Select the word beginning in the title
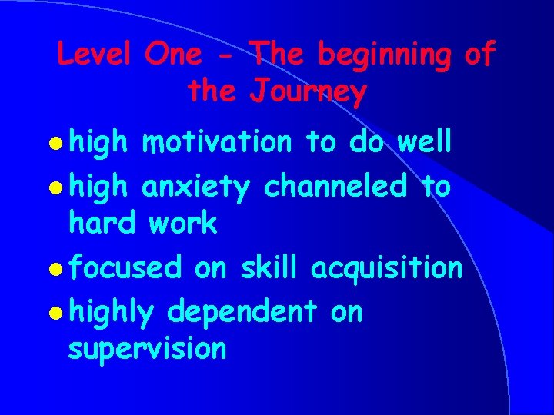pos(385,56)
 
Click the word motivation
pos(217,143)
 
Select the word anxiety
pos(195,186)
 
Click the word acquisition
pos(386,269)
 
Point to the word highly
pos(112,313)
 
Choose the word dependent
pos(242,313)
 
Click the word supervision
pos(147,350)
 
